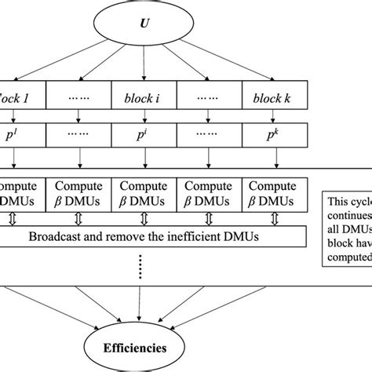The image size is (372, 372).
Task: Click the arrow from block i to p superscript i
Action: [142, 118]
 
